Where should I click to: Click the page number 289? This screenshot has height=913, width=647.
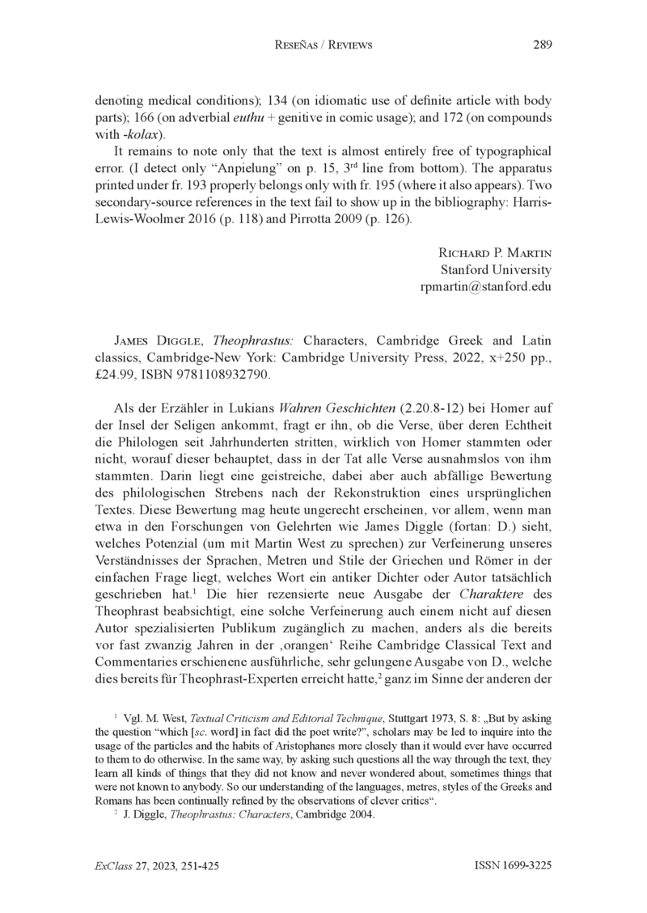click(x=542, y=45)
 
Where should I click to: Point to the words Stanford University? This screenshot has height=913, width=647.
click(x=495, y=270)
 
